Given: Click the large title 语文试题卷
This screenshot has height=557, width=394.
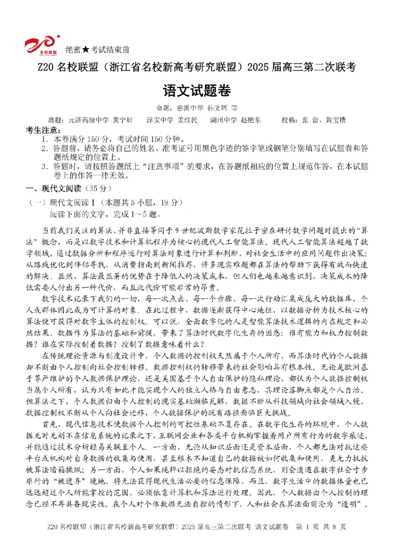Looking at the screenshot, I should [197, 91].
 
